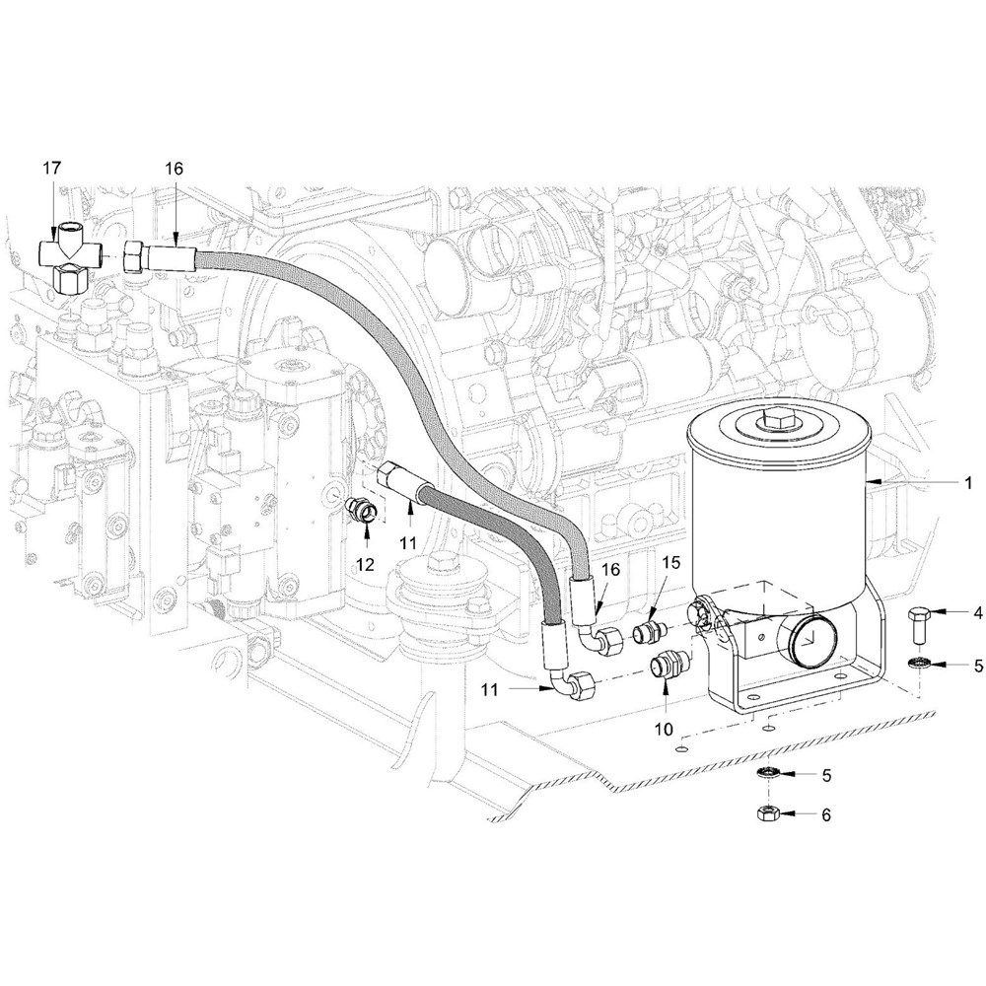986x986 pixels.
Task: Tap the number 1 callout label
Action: (x=968, y=482)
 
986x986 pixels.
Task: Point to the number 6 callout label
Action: (x=826, y=814)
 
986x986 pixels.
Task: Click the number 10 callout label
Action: (x=664, y=729)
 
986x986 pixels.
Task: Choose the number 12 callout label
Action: (x=365, y=564)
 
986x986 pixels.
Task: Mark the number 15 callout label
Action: (x=670, y=562)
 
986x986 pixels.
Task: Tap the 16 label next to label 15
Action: (x=610, y=569)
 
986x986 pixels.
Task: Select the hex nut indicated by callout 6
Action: (x=768, y=813)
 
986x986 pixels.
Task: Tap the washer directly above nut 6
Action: (x=768, y=772)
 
